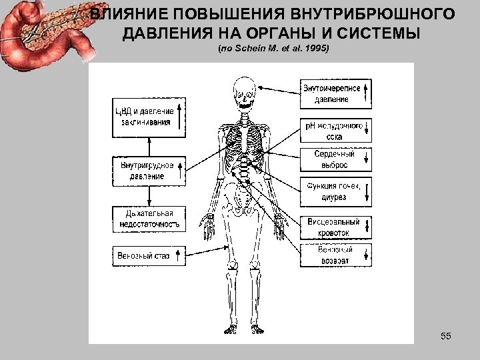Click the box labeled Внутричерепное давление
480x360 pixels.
(335, 93)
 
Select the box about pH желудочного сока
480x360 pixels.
(335, 129)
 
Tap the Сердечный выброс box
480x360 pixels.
(335, 160)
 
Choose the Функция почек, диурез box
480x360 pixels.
(335, 191)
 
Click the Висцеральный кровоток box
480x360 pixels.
(335, 227)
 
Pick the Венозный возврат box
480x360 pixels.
(335, 255)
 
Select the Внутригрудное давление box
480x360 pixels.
(149, 171)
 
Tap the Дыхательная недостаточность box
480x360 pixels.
(149, 219)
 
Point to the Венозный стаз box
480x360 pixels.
(149, 255)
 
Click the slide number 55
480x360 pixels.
(446, 337)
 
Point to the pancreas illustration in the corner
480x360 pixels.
(43, 33)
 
